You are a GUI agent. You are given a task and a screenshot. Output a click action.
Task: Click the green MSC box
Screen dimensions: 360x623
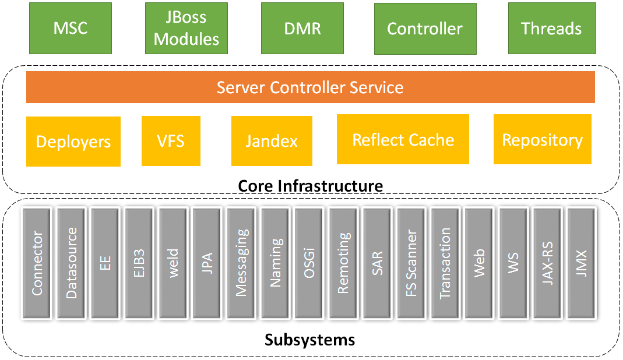click(70, 28)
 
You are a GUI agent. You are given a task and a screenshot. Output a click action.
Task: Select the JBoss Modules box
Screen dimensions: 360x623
click(186, 28)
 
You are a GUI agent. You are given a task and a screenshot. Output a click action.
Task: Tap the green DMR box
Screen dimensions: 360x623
click(302, 28)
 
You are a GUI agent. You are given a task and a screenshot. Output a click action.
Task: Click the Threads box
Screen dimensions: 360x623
click(551, 28)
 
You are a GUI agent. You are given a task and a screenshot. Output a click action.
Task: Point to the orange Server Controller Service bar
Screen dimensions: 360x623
click(310, 87)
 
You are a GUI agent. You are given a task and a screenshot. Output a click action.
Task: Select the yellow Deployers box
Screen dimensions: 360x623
click(73, 142)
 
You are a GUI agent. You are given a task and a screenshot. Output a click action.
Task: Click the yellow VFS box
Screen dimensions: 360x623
click(171, 140)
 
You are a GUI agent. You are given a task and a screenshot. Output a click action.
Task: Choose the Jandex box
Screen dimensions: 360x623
click(272, 140)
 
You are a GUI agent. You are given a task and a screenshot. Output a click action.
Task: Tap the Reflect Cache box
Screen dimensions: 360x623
click(403, 139)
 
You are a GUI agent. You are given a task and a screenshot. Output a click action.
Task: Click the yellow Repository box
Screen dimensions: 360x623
click(542, 139)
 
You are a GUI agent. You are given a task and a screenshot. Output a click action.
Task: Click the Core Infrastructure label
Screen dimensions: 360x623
click(310, 186)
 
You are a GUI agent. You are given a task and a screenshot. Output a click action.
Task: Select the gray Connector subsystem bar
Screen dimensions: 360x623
click(38, 263)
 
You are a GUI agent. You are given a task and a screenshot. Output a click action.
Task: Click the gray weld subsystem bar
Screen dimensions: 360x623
click(173, 263)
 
